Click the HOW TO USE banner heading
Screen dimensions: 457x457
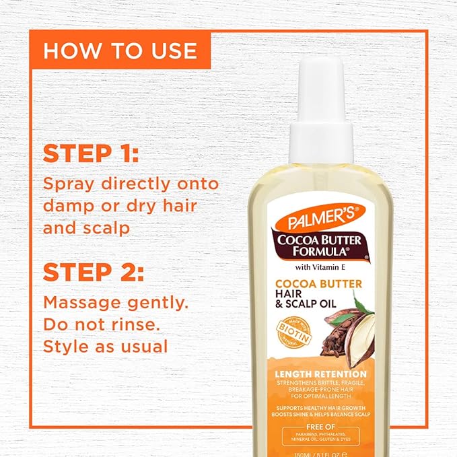pyautogui.click(x=120, y=50)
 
